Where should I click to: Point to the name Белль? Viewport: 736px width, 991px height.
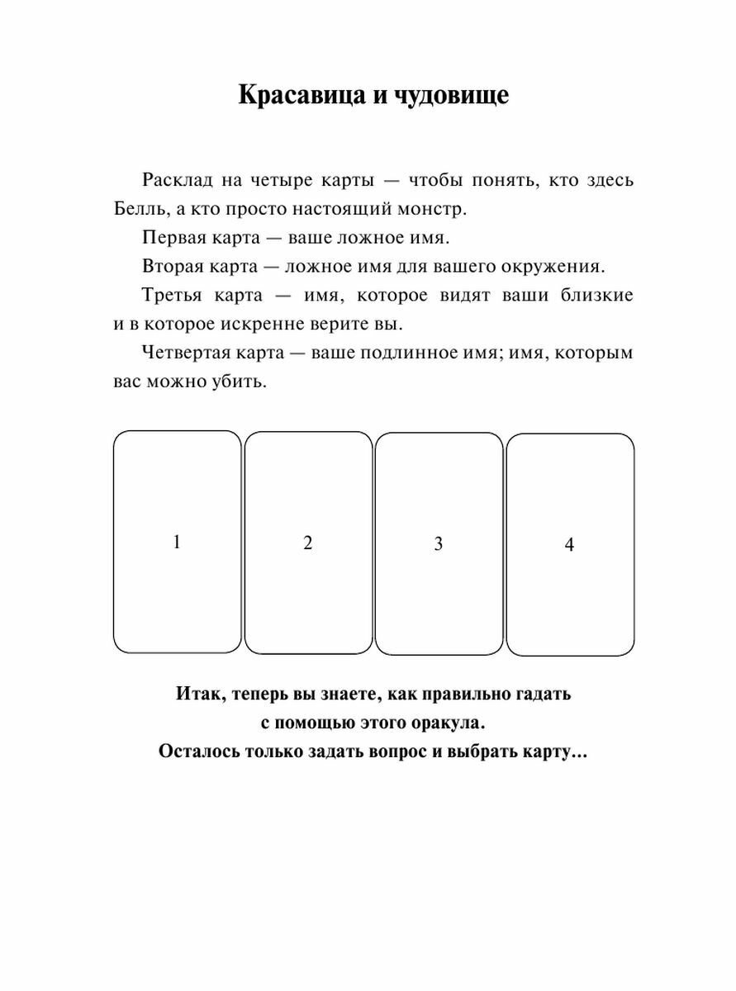click(138, 209)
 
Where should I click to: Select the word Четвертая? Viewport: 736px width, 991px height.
click(187, 353)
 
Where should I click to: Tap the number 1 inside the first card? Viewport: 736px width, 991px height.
click(176, 542)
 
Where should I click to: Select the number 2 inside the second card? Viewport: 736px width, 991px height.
click(308, 543)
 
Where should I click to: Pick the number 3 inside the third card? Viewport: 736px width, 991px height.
click(439, 543)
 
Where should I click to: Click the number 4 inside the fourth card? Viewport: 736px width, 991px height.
click(569, 544)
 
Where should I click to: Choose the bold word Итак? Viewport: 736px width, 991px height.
click(197, 694)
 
